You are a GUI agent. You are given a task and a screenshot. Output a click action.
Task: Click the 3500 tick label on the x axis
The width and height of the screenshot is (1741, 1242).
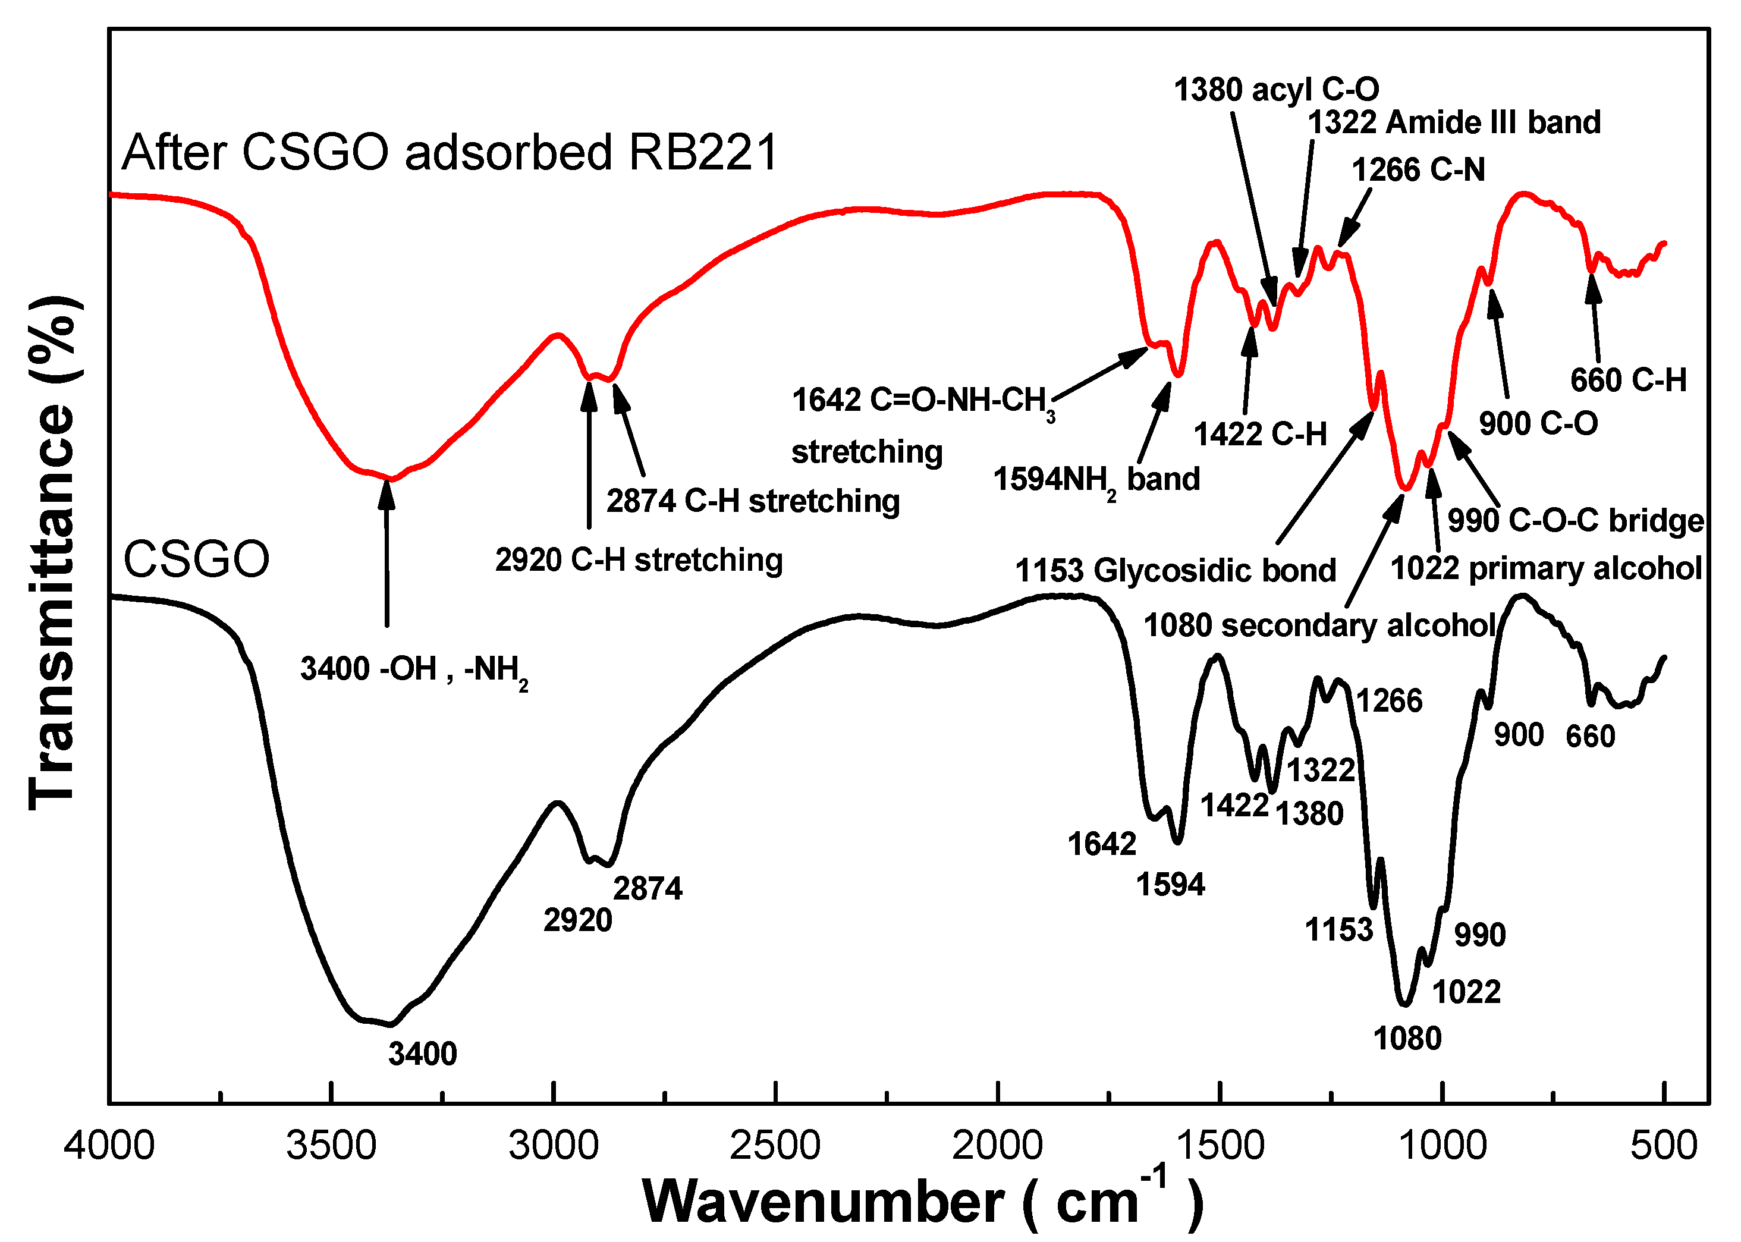pos(331,1146)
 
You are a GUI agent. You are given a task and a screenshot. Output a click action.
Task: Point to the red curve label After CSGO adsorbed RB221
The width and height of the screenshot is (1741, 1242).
pos(449,152)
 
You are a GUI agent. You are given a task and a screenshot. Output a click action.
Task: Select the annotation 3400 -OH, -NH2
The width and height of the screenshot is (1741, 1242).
pos(413,669)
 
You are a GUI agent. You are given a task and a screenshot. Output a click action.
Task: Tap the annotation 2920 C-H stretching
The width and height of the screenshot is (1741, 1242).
pos(639,560)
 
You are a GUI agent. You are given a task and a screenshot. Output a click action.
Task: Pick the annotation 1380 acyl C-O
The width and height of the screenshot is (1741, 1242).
pos(1276,90)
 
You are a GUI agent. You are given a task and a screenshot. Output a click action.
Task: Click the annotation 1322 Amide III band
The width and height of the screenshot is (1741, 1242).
pos(1453,122)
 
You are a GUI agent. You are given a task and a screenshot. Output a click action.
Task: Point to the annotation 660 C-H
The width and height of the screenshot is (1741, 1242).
pos(1628,380)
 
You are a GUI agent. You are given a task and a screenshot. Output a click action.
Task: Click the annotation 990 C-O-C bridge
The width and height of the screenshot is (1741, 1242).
pos(1575,520)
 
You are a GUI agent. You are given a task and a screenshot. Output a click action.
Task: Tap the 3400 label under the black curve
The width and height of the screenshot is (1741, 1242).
pos(422,1054)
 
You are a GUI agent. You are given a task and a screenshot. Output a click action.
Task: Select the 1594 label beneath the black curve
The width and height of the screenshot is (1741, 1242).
pos(1170,885)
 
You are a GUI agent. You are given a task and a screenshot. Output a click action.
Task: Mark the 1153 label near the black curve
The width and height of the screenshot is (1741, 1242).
pos(1338,930)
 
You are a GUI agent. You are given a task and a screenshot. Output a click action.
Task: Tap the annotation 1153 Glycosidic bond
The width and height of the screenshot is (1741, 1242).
pos(1175,571)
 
